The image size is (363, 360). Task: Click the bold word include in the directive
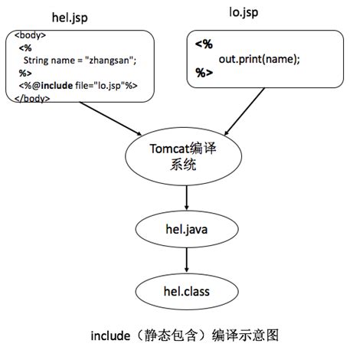pyautogui.click(x=60, y=86)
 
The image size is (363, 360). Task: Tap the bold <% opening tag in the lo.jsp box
pyautogui.click(x=204, y=44)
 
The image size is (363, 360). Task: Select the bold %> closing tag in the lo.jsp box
pyautogui.click(x=204, y=74)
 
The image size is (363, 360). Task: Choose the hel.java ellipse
pyautogui.click(x=186, y=229)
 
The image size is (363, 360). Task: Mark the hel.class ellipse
pyautogui.click(x=186, y=291)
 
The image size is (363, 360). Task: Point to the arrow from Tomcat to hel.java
pyautogui.click(x=186, y=196)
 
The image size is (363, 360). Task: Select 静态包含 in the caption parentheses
pyautogui.click(x=168, y=335)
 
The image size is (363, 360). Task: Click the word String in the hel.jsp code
pyautogui.click(x=38, y=60)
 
